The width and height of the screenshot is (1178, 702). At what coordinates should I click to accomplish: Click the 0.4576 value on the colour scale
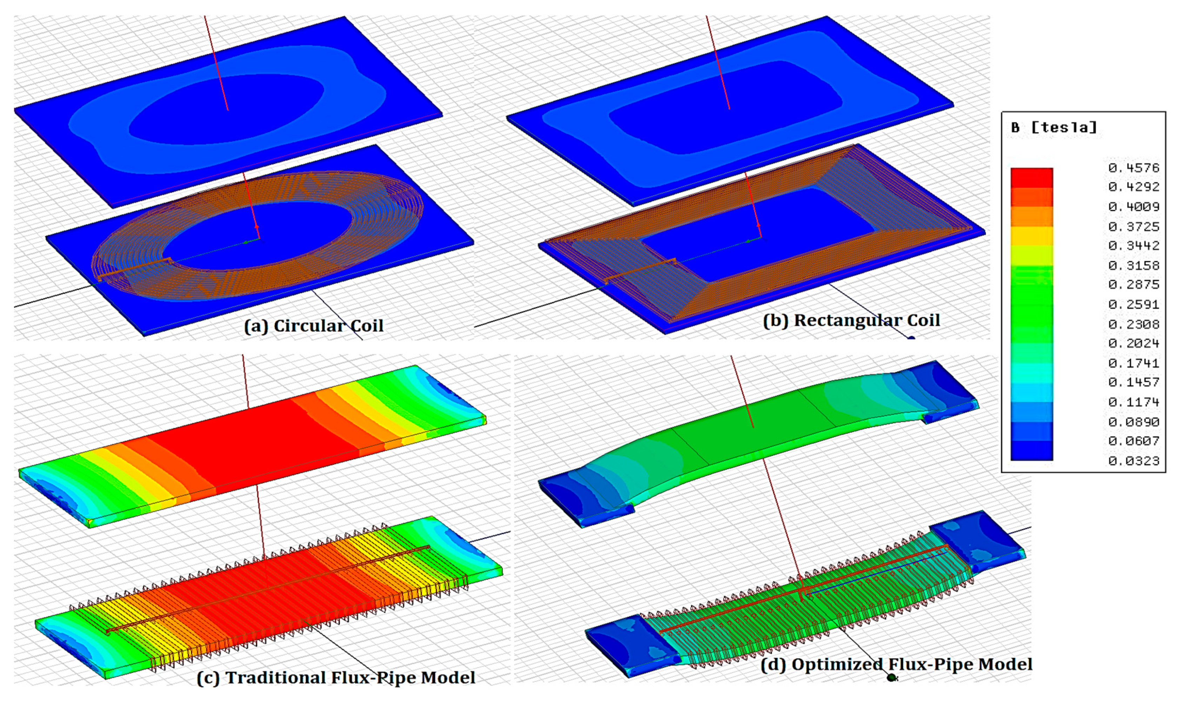(1133, 168)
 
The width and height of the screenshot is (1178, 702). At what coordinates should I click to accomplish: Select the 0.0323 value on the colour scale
(1133, 461)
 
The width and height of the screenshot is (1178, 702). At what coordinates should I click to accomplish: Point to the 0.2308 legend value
(1133, 324)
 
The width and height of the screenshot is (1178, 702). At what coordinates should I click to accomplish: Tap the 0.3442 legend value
(1133, 246)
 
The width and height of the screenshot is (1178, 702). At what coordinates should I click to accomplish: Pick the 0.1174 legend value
(1133, 402)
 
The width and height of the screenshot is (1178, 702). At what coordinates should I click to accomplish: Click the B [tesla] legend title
(1053, 127)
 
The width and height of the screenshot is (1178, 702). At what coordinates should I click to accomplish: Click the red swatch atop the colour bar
(1032, 178)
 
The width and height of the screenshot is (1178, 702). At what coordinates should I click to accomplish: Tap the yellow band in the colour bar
(1032, 236)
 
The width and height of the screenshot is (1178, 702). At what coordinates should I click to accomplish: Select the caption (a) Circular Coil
(313, 326)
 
